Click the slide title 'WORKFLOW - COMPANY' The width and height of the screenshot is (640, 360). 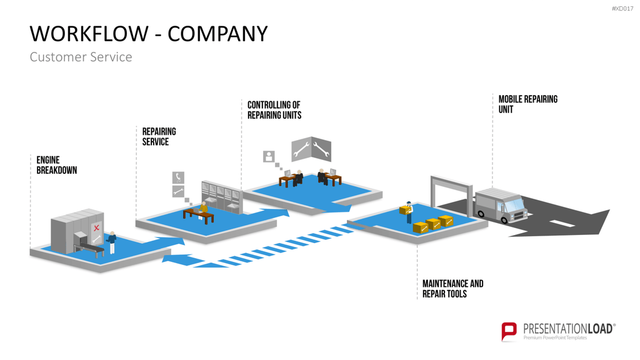149,34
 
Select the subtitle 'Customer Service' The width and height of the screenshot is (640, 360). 81,57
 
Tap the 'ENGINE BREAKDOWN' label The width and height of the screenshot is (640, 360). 57,165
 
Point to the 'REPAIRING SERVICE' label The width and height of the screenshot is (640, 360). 159,136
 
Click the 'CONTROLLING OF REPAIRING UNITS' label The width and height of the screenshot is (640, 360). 274,110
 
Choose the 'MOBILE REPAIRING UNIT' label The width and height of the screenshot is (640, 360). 527,104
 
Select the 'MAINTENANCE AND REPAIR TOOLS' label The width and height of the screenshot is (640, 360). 452,289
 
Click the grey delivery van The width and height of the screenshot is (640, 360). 501,205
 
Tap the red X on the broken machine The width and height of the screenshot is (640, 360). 96,227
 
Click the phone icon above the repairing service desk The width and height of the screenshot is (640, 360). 178,177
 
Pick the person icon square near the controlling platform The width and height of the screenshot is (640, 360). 269,156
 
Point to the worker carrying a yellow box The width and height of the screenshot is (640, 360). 408,212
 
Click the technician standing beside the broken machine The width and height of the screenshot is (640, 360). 111,242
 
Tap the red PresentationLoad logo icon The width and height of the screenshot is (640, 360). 509,331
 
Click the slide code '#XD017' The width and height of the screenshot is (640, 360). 622,9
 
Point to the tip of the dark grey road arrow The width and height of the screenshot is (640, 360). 609,210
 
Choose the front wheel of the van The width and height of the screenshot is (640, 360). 504,220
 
